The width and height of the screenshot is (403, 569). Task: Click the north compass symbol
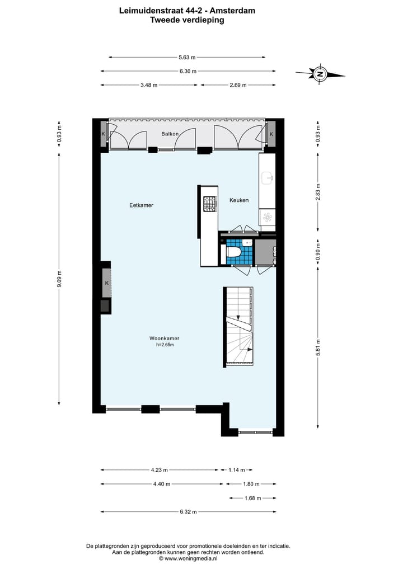click(320, 74)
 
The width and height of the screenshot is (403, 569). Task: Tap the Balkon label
click(170, 134)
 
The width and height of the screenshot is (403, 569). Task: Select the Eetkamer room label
click(141, 205)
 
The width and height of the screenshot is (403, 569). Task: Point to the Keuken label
click(239, 200)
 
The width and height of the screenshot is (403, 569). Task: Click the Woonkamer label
click(164, 338)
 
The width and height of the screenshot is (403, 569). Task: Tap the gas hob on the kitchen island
click(209, 204)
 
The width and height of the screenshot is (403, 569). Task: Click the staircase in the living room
click(238, 327)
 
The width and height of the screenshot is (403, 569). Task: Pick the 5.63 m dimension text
click(187, 57)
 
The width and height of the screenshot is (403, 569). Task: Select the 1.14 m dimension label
click(236, 470)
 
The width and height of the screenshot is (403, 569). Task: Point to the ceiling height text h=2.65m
click(165, 345)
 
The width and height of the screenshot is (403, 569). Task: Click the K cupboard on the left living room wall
click(106, 284)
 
